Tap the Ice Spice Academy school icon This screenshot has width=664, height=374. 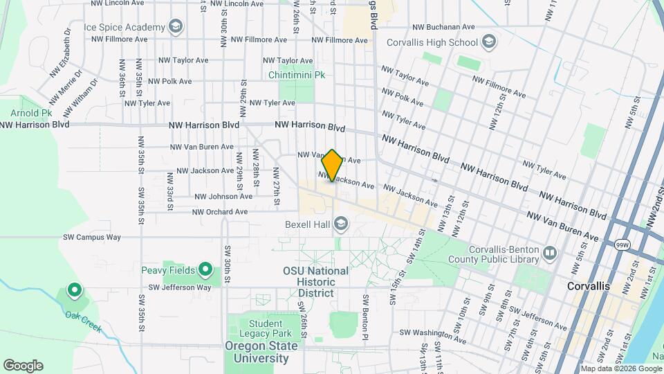176,27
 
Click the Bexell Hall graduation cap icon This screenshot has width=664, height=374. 340,224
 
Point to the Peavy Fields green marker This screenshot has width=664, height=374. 205,269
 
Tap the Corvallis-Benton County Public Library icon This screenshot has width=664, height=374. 550,253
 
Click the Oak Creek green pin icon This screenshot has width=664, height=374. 74,290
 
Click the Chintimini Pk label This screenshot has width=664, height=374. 297,74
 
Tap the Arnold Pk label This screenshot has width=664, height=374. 31,112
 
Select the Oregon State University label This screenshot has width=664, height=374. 257,352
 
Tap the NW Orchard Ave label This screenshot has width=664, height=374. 220,212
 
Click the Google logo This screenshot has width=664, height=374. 24,365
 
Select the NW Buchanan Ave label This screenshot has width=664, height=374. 443,27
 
